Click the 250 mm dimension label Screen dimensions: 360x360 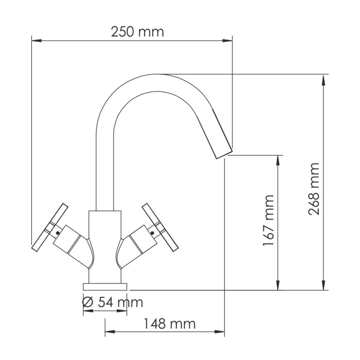coord(137,31)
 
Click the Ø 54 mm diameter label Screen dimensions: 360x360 coord(113,302)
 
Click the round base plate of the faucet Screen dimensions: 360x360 coord(105,285)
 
